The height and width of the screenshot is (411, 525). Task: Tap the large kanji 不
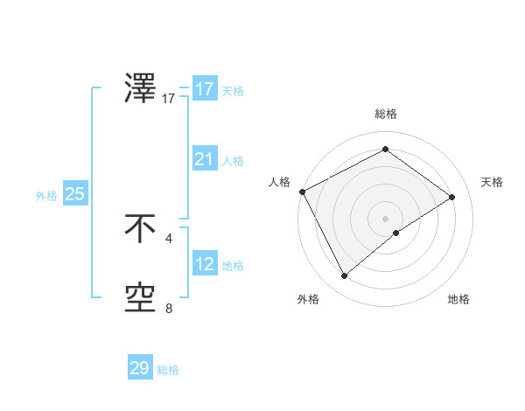click(141, 229)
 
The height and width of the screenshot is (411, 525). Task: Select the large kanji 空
click(141, 298)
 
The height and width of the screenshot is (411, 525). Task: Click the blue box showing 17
click(204, 89)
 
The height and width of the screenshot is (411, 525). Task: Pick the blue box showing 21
click(204, 159)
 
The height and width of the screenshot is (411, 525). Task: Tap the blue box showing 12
click(204, 264)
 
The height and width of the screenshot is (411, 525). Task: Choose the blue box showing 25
click(74, 194)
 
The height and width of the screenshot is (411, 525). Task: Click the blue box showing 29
click(139, 368)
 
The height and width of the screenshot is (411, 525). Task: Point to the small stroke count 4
click(169, 238)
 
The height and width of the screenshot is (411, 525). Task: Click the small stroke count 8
click(169, 308)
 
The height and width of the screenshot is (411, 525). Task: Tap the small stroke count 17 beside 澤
click(169, 99)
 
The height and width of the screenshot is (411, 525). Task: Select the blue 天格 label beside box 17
click(233, 90)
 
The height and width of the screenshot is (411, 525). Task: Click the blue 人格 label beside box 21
click(233, 160)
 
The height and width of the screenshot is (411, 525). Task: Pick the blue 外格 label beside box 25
click(46, 196)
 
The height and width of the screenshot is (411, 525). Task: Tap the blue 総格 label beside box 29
click(168, 370)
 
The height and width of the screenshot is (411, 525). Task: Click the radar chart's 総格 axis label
click(385, 114)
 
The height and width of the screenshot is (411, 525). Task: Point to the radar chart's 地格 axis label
click(458, 299)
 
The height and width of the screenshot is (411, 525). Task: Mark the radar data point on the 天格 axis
click(452, 197)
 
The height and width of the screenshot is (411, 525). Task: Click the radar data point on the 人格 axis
click(302, 192)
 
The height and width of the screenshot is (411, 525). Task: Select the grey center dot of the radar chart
click(385, 218)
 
